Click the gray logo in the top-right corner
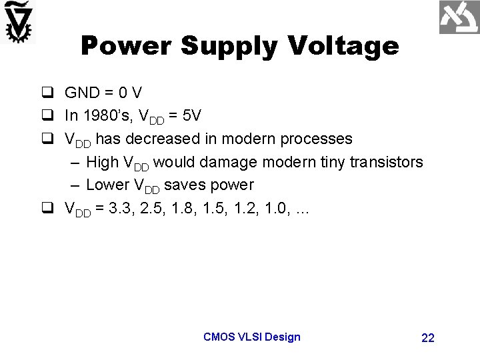pos(459,17)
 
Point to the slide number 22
pos(428,338)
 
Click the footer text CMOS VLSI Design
pos(252,337)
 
